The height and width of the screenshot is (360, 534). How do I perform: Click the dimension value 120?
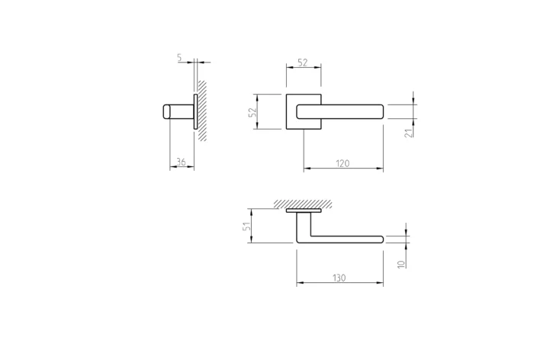click(x=343, y=163)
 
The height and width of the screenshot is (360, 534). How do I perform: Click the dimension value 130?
click(x=339, y=278)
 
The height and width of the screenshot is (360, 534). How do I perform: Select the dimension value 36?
click(x=182, y=162)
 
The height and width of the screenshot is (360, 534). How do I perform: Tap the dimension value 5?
click(x=179, y=57)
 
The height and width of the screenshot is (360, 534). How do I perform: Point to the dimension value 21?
click(x=409, y=133)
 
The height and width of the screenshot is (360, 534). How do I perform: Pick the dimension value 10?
click(x=402, y=264)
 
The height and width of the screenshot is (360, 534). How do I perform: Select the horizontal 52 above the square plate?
click(x=303, y=63)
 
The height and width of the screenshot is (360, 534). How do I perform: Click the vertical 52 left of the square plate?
click(x=253, y=112)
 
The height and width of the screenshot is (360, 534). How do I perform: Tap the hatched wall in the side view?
click(x=202, y=111)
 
